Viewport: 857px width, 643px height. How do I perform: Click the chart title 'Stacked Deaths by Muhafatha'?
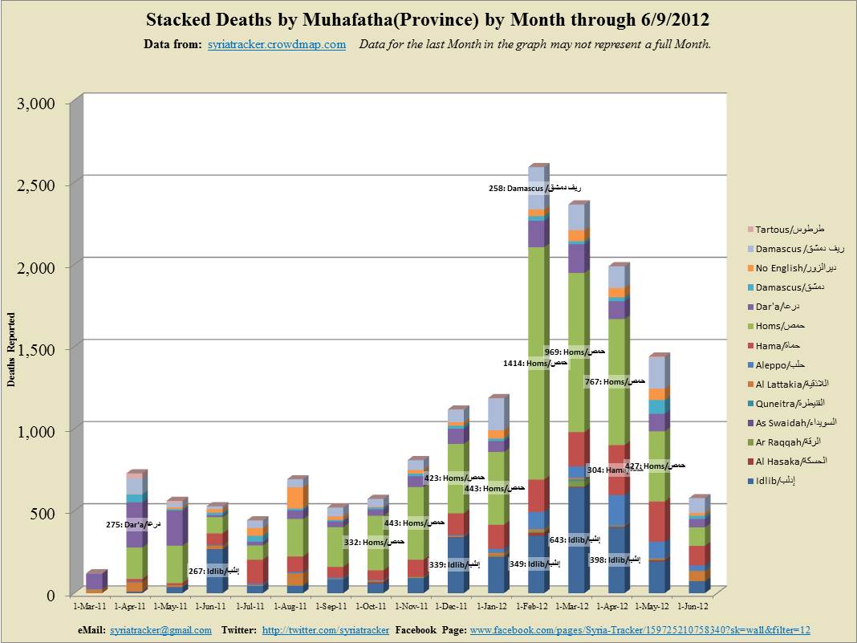pos(428,19)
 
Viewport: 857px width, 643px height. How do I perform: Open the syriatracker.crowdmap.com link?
pos(276,45)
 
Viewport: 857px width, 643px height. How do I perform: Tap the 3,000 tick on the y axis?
pos(37,103)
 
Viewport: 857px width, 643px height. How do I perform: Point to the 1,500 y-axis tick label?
pos(37,349)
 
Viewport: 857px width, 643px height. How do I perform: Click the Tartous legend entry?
pos(790,230)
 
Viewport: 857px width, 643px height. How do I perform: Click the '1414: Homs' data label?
pos(536,363)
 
